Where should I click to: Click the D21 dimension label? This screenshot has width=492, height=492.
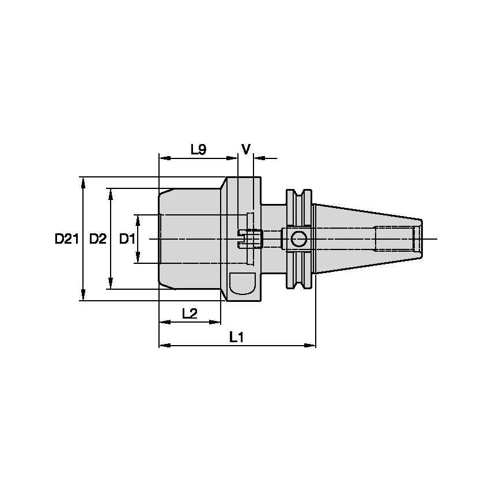point(66,239)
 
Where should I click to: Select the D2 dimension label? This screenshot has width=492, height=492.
point(98,239)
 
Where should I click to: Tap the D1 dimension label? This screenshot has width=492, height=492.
point(127,239)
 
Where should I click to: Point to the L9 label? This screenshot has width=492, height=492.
point(198,150)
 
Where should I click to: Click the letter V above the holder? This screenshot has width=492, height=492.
point(246,150)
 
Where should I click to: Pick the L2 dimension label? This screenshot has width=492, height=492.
point(190,313)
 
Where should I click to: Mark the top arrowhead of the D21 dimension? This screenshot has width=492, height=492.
point(84,181)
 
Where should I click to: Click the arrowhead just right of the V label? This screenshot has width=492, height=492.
point(257,157)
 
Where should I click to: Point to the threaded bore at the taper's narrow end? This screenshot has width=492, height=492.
point(395,239)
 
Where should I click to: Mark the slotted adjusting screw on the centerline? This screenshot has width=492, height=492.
point(249,238)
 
